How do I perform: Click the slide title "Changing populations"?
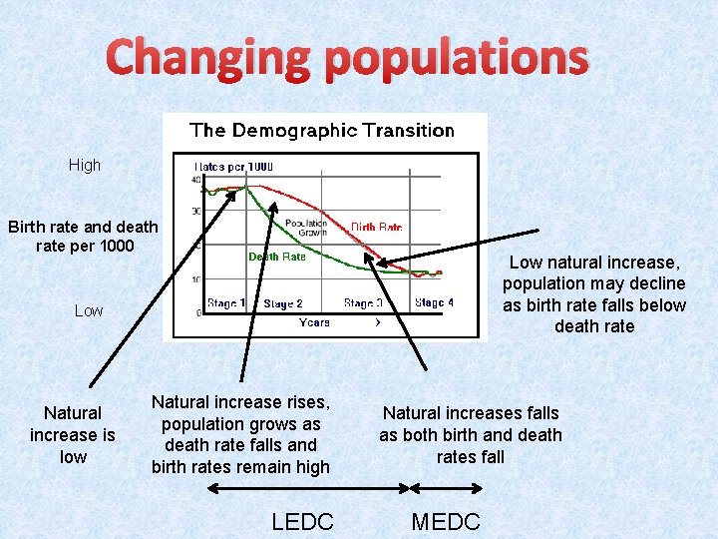tap(347, 58)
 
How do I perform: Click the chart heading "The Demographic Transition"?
tap(321, 130)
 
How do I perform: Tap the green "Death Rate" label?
tap(276, 257)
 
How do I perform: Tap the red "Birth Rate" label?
tap(376, 227)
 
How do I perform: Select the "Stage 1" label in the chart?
tap(226, 302)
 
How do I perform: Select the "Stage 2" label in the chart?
tap(282, 303)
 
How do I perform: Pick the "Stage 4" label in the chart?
tap(434, 302)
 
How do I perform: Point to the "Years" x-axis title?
tap(315, 322)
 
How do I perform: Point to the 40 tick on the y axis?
tap(196, 181)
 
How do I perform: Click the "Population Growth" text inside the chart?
tap(305, 228)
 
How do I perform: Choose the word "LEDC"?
tap(302, 521)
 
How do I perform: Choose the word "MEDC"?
tap(446, 521)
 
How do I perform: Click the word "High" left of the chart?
tap(85, 166)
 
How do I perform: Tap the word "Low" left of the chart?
tap(89, 311)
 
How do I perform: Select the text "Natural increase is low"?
tap(73, 434)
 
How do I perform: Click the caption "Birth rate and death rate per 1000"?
tap(83, 236)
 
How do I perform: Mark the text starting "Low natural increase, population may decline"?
tap(594, 294)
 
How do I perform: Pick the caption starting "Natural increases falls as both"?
tap(471, 434)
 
